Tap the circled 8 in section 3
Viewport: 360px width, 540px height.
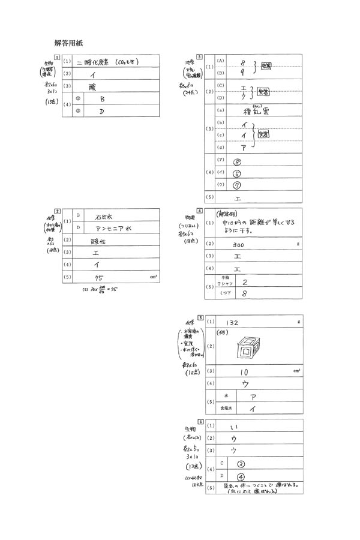237,161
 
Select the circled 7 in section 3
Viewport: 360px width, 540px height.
236,185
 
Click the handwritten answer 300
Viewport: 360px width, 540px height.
238,245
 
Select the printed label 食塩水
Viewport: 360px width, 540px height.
226,409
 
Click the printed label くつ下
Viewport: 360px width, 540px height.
227,294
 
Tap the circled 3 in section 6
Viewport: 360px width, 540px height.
241,463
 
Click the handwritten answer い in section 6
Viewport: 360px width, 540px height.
235,427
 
